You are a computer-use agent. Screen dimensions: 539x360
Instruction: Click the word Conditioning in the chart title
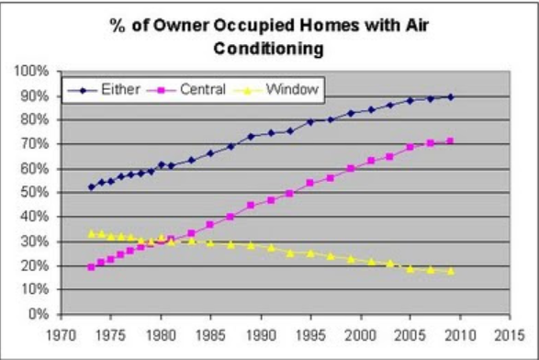tap(268, 49)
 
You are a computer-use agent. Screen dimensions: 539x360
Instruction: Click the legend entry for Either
tap(104, 90)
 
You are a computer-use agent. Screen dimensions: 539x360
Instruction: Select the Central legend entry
tap(186, 90)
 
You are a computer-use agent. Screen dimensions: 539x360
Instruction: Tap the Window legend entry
tap(276, 90)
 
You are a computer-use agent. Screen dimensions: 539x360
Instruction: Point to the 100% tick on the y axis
tap(31, 72)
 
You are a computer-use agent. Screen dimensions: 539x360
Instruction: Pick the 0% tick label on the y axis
tap(39, 313)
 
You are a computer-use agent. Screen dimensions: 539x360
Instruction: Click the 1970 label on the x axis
tap(62, 335)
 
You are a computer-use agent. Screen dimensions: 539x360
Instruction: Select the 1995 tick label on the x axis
tap(310, 335)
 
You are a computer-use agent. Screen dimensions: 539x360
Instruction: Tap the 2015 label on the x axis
tap(510, 335)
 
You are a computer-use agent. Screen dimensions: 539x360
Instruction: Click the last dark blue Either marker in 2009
tap(451, 97)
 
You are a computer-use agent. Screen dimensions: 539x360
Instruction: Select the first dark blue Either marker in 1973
tap(92, 187)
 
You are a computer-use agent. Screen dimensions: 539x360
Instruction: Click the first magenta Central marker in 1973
tap(91, 267)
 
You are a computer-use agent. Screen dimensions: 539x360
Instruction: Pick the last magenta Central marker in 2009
tap(450, 141)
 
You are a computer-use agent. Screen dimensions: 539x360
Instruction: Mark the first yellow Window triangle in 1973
tap(92, 234)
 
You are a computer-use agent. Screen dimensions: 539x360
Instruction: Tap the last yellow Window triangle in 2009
tap(451, 271)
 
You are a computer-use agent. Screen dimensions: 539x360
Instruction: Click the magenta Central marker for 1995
tap(310, 183)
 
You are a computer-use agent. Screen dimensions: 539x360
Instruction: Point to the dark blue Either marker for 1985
tap(210, 153)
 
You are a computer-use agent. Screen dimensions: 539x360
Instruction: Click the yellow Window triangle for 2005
tap(410, 269)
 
